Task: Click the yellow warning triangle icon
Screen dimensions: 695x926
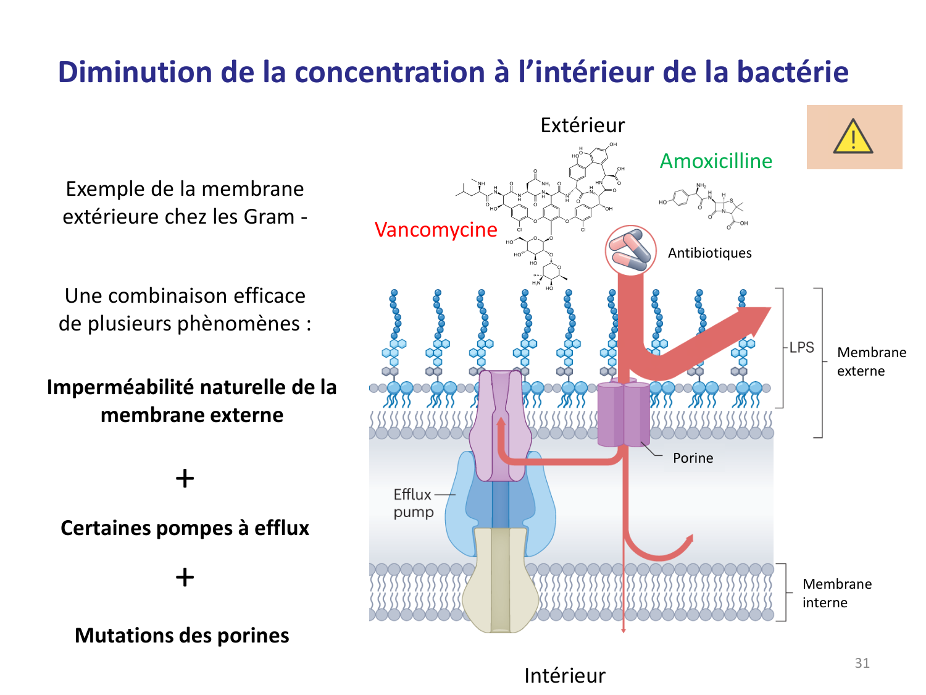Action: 853,137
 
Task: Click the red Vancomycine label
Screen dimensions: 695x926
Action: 436,230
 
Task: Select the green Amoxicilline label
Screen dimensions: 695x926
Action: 716,161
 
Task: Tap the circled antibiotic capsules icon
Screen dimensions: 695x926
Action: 630,250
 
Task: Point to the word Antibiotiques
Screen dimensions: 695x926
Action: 710,253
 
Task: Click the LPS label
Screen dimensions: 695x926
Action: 802,347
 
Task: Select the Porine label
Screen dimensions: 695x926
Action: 693,458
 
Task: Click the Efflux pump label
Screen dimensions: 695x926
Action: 414,503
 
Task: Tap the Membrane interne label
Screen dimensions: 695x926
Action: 837,593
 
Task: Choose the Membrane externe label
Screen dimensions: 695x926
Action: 872,361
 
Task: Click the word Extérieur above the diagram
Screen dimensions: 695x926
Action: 583,125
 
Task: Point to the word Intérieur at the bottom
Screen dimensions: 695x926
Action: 565,676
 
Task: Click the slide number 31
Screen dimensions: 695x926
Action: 862,663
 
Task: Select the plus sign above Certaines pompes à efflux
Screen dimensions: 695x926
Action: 185,479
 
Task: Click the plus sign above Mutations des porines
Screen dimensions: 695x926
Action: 185,578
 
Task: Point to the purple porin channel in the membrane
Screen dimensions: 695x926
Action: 624,414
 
